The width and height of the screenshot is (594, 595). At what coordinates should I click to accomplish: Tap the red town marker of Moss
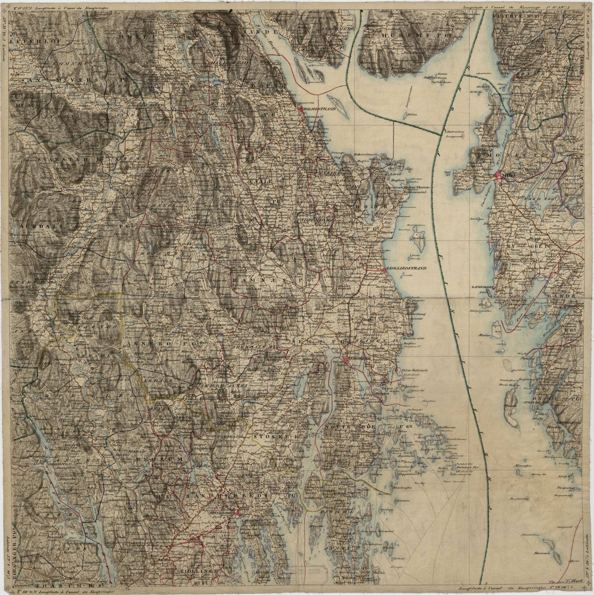point(499,176)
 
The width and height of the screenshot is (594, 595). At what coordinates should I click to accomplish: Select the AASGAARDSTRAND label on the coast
point(405,268)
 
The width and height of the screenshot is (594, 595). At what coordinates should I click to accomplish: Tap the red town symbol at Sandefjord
point(237,512)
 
